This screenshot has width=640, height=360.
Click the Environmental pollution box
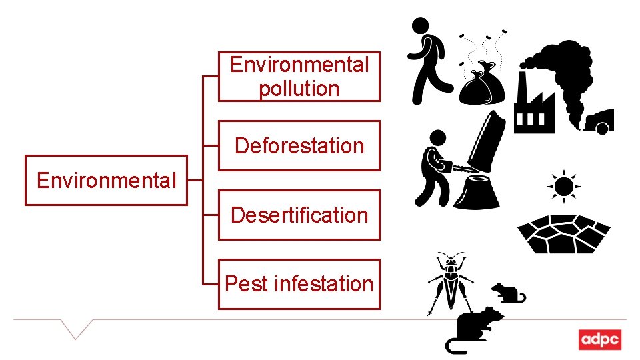[299, 77]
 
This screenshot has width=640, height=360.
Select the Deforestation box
[299, 145]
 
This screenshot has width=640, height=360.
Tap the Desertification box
[299, 215]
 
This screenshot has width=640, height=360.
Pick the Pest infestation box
[299, 284]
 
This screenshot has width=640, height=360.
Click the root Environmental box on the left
[106, 180]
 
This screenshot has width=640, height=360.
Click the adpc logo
[599, 339]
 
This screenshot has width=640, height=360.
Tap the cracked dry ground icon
[564, 233]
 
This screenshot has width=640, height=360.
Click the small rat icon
[508, 292]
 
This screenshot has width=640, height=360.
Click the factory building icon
[533, 107]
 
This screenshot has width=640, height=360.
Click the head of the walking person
[420, 27]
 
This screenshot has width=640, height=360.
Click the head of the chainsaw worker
[437, 138]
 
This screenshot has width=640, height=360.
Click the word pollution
[299, 89]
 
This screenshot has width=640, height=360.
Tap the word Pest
[247, 284]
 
